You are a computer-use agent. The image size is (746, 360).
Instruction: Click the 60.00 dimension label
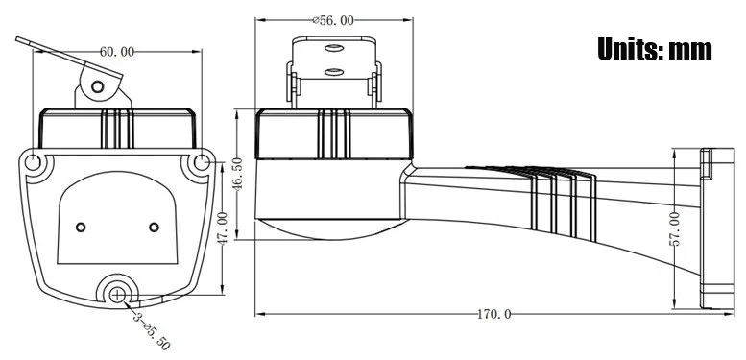click(x=116, y=52)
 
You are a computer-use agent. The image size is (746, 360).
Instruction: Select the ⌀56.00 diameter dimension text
click(x=333, y=20)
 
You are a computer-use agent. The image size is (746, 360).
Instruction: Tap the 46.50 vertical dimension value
click(x=237, y=174)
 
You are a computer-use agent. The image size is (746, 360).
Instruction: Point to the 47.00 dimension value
click(x=222, y=228)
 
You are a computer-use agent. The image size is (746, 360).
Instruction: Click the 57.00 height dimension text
click(x=674, y=228)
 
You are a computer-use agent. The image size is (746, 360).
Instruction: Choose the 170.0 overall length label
click(x=494, y=314)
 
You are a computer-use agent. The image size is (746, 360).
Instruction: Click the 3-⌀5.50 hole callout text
click(x=152, y=330)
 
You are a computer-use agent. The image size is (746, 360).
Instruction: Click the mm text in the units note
click(x=690, y=52)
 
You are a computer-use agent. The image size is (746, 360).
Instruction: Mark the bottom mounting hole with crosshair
click(x=117, y=295)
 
